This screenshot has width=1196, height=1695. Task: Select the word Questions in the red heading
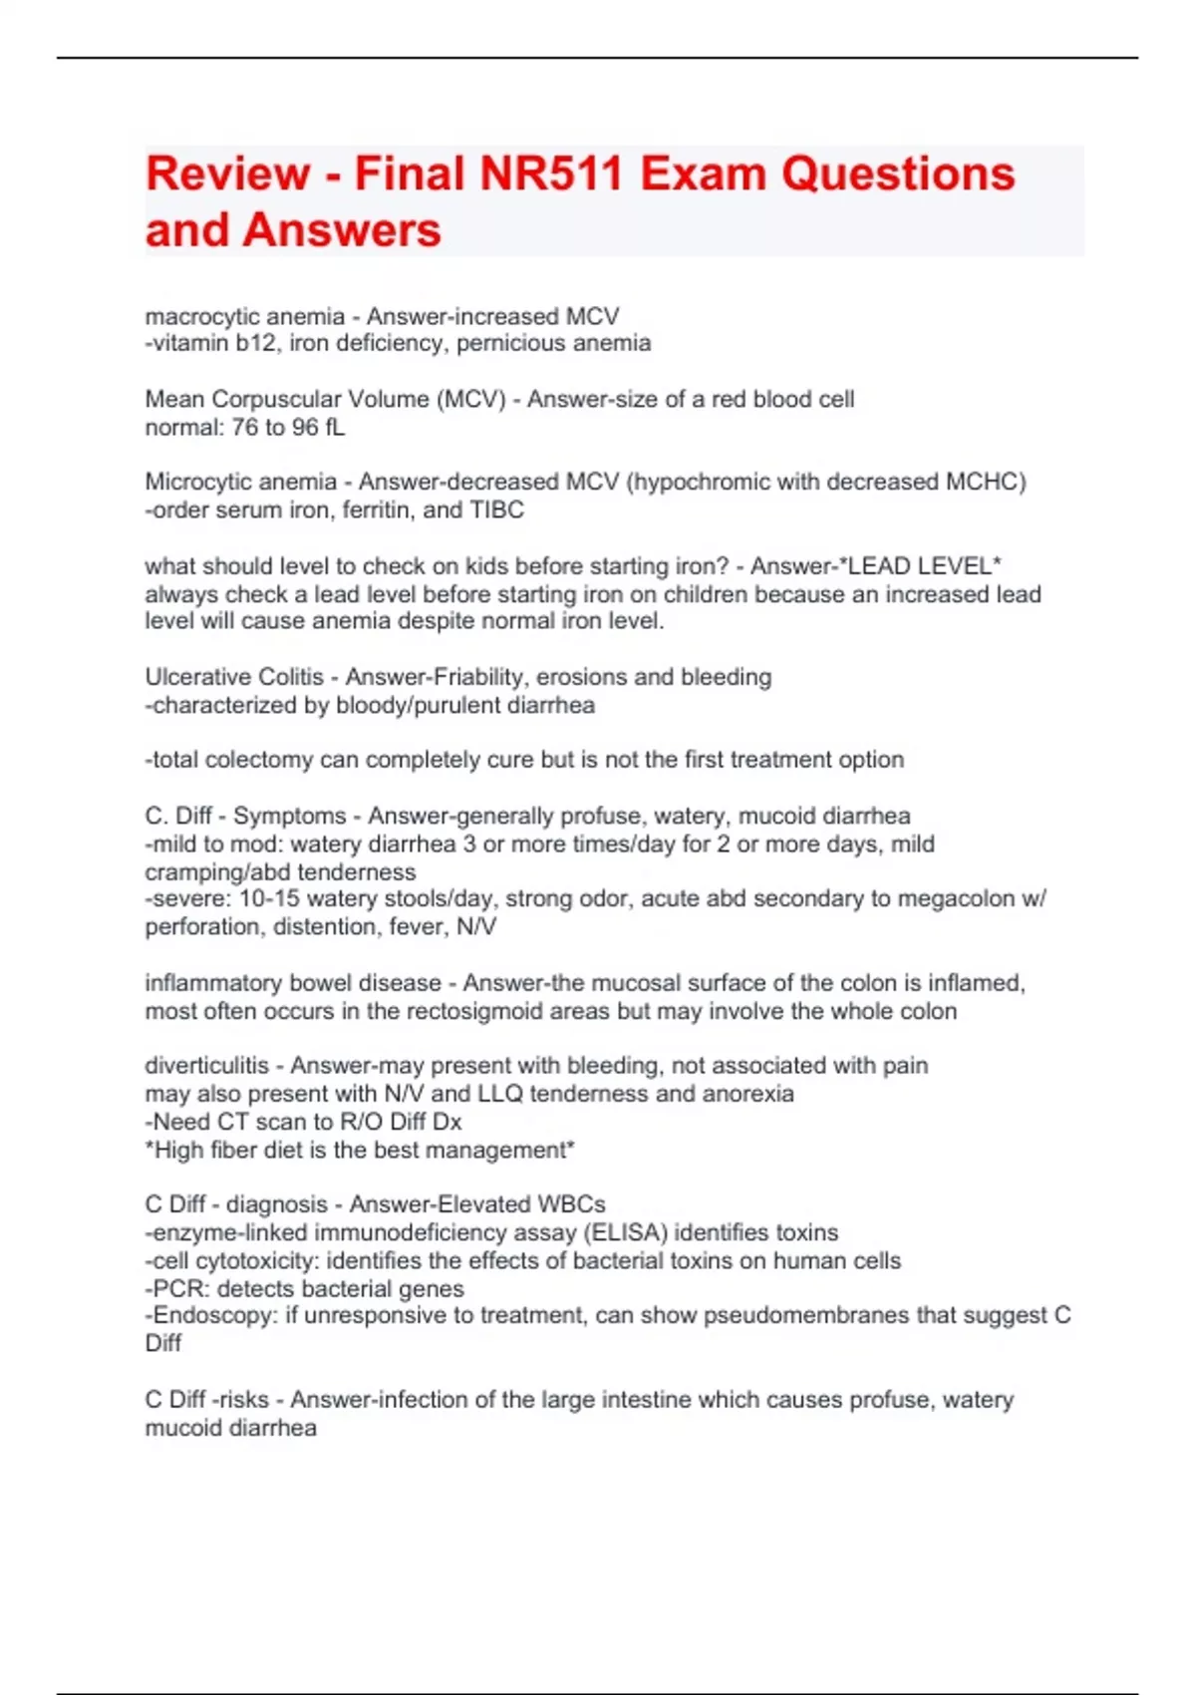[897, 173]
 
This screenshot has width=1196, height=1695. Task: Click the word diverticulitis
[206, 1066]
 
